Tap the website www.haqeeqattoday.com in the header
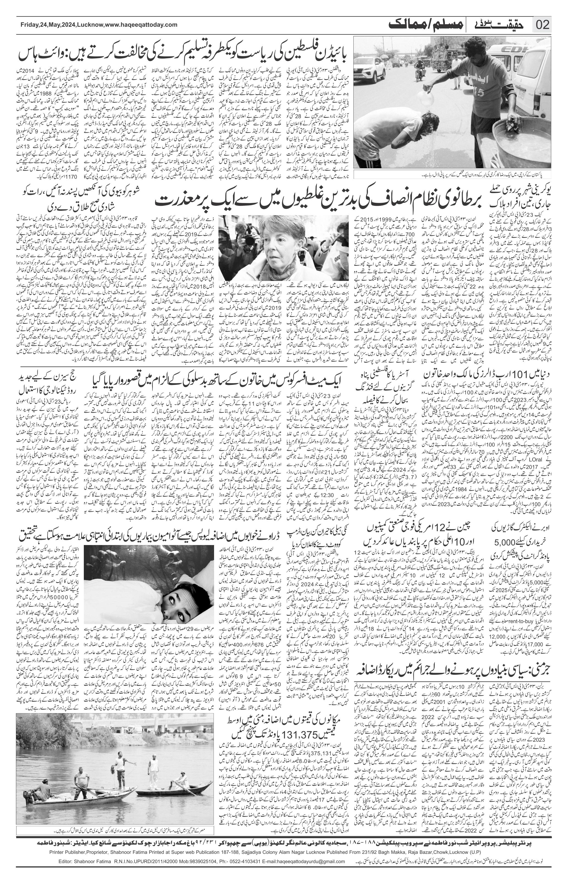(142, 25)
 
